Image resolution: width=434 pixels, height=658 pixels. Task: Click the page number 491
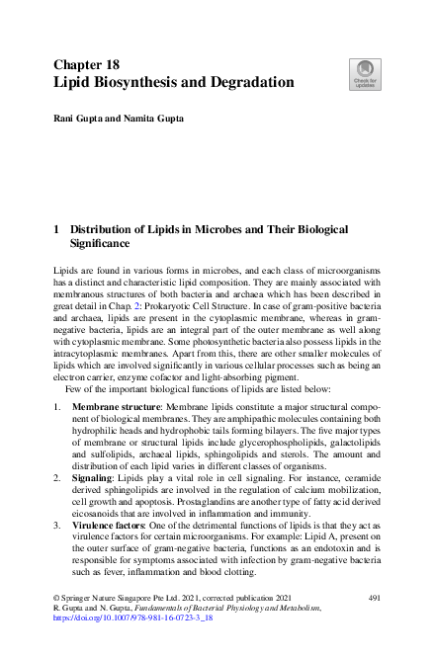(374, 599)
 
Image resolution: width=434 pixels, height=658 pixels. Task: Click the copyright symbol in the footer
(53, 599)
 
